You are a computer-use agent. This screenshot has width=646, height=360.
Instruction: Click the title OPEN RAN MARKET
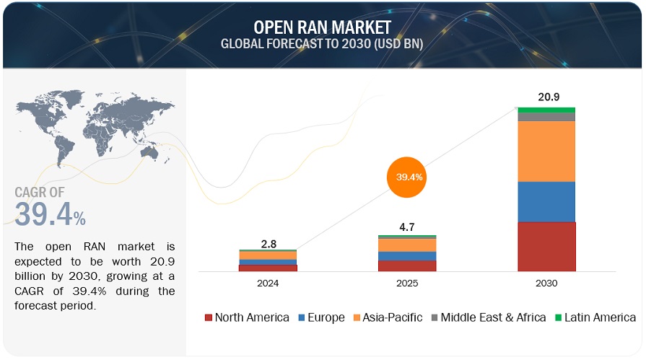pos(322,27)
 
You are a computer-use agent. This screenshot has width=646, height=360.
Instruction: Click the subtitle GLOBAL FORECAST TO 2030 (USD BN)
pos(322,43)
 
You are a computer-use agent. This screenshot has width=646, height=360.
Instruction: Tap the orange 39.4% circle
pos(409,177)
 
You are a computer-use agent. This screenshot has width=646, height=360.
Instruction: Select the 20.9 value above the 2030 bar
pos(546,96)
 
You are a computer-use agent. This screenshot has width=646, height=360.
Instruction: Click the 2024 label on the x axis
pos(268,284)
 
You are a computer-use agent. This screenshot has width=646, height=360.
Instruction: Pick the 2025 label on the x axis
pos(407,284)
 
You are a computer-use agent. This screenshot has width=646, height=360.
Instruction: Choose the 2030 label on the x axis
pos(546,284)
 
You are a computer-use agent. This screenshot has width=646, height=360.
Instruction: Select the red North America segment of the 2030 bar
pos(546,246)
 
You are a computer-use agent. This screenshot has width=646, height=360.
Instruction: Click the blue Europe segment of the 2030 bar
pos(546,201)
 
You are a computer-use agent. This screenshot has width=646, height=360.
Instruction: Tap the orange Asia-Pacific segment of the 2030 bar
pos(546,151)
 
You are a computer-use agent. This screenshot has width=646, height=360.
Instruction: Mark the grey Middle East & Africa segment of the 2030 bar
pos(546,117)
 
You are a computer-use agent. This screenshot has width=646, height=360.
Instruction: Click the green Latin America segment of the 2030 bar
pos(546,110)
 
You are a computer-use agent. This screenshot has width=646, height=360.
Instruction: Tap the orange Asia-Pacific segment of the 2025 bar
pos(407,245)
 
